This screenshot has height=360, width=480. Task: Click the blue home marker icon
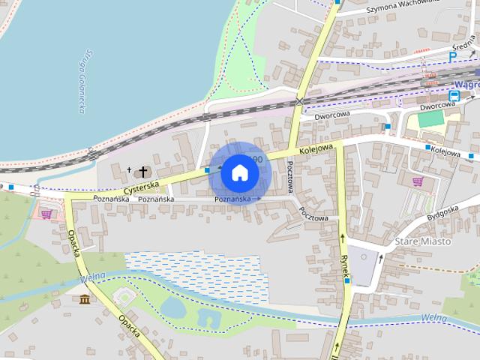tap(239, 172)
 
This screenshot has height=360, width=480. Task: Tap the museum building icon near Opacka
tap(85, 301)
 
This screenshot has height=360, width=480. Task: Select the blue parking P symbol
tap(452, 56)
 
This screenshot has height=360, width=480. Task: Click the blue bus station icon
tap(454, 95)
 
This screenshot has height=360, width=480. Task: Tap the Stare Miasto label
tap(423, 241)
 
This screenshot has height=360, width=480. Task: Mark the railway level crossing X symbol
tap(300, 100)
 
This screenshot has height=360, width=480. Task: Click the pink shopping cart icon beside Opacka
tap(47, 214)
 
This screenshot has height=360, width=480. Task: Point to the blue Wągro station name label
tap(467, 85)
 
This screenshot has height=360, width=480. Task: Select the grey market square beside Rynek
tap(364, 268)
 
